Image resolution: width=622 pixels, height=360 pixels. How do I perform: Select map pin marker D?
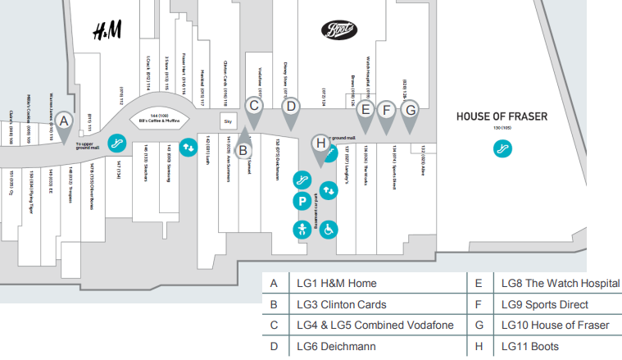coord(289,107)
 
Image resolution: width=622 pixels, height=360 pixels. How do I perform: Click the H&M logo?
coord(107,31)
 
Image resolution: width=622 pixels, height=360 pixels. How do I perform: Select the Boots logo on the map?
coord(338,30)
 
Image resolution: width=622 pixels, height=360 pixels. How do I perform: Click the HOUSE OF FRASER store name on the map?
coord(502,116)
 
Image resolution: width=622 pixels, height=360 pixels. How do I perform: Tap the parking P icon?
coord(302,201)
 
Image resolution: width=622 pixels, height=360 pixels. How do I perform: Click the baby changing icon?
coord(302,229)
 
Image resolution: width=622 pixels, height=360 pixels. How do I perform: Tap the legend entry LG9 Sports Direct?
coord(543,304)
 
